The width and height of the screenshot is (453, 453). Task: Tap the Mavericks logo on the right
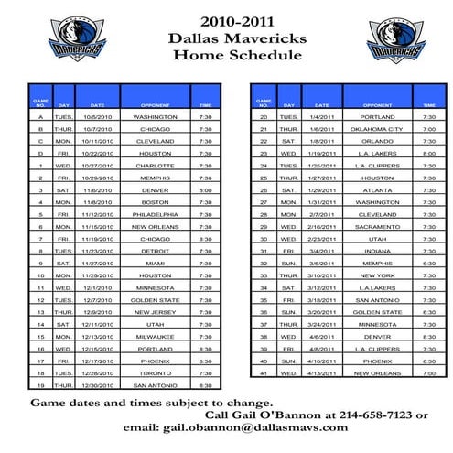tap(395, 40)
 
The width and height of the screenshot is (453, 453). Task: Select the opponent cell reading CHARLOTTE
tap(155, 166)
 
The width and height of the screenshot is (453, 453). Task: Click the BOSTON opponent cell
tap(155, 202)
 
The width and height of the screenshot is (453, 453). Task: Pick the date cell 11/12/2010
tap(98, 214)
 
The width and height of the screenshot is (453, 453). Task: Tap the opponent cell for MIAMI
tap(155, 263)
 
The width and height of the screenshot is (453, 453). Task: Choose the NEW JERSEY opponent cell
tap(155, 312)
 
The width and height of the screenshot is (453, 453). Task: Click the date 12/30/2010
tap(98, 385)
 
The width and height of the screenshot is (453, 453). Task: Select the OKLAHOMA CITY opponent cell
tap(377, 129)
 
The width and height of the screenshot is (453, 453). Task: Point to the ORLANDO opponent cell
tap(377, 141)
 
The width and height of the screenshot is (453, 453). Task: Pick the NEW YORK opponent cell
tap(377, 275)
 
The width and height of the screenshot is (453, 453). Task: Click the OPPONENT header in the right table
tap(377, 105)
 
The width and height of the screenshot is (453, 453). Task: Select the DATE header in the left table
tap(98, 105)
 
